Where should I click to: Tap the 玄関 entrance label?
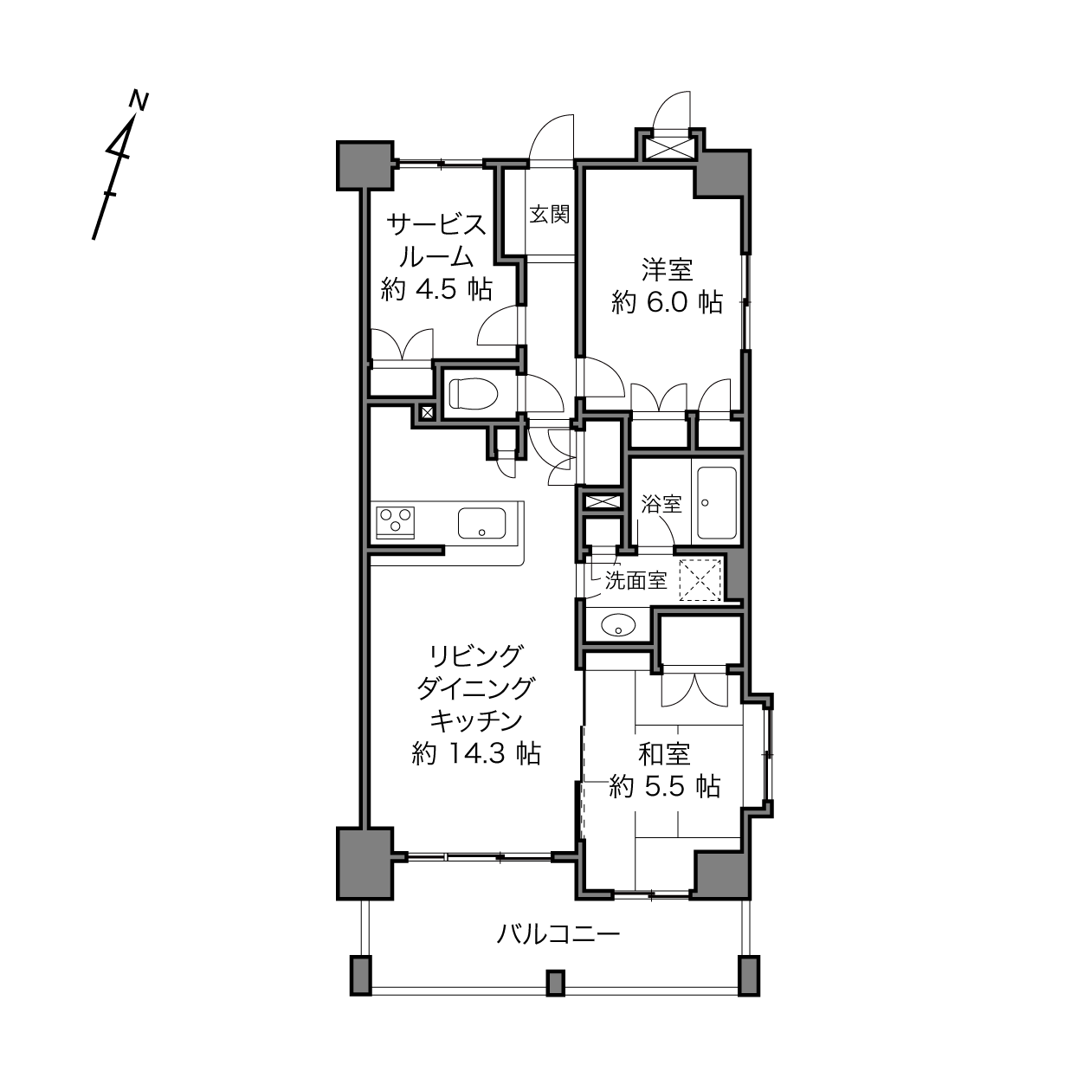click(x=550, y=214)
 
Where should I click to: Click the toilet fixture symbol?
click(x=472, y=393)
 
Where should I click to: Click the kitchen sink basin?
click(x=482, y=522)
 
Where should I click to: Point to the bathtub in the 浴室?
click(x=717, y=503)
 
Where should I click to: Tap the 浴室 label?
click(x=661, y=505)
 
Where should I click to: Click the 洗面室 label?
click(x=636, y=581)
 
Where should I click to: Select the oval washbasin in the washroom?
click(x=617, y=624)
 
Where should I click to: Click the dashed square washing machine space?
click(x=700, y=580)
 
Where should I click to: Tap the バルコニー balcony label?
click(x=558, y=935)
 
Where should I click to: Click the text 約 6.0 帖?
click(x=667, y=302)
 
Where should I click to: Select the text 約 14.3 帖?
click(x=476, y=753)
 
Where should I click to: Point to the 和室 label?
click(x=665, y=754)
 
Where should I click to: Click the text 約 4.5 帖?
click(x=436, y=289)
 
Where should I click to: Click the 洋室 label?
click(x=667, y=270)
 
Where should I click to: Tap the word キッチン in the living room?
click(x=475, y=720)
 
